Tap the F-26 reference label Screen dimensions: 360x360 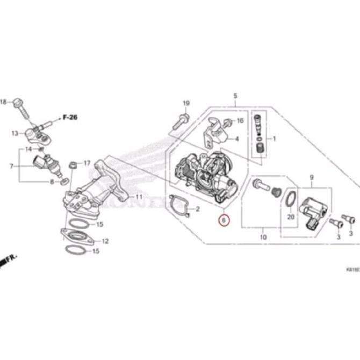click(69, 117)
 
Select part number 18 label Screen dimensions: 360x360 click(3, 102)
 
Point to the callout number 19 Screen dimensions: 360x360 click(186, 103)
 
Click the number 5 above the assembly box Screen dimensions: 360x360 click(235, 96)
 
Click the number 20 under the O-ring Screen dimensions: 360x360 click(291, 218)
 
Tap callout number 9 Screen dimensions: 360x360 click(311, 177)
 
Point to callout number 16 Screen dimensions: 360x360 click(240, 121)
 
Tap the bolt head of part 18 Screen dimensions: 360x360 click(19, 102)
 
